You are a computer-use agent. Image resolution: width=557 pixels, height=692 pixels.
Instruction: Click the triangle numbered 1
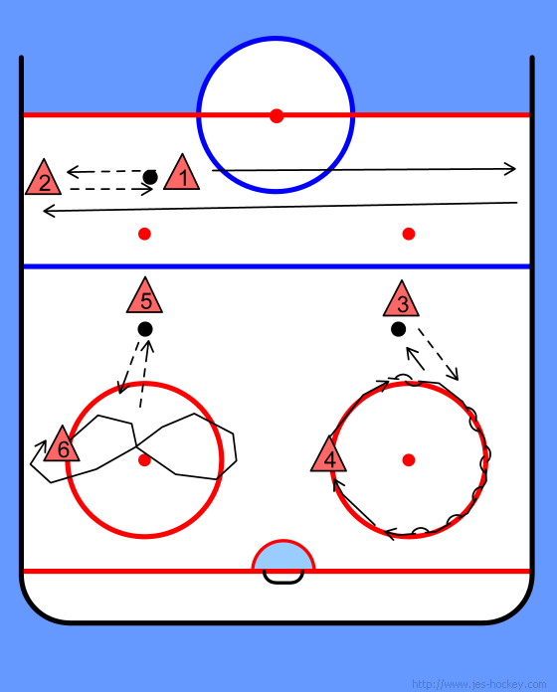point(181,174)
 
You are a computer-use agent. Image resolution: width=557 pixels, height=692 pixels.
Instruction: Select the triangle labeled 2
point(43,179)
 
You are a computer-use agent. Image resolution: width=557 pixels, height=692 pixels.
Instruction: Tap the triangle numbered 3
point(401,300)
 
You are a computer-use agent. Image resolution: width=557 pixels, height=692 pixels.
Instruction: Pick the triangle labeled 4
point(328,456)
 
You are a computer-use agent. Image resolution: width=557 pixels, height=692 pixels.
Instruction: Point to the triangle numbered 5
point(144,297)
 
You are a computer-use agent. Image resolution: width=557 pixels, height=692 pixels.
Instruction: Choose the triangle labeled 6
point(62,445)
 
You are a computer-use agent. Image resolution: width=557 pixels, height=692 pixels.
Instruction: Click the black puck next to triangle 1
point(150,177)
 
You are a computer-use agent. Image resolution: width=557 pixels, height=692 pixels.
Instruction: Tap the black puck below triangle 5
point(145,329)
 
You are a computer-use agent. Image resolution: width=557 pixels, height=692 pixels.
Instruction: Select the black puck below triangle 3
point(398,329)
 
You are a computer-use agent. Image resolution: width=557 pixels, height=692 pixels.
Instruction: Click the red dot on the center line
point(277,116)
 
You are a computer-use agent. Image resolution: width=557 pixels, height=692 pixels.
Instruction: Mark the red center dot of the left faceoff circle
point(144,460)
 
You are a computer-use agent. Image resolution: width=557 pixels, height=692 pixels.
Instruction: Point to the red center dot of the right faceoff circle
point(409,460)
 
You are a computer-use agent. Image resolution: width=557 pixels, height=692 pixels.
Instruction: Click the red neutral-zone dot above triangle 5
point(144,234)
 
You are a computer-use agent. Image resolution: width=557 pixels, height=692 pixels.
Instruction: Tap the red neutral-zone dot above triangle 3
point(409,234)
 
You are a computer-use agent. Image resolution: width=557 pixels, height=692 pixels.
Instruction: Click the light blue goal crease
point(282,557)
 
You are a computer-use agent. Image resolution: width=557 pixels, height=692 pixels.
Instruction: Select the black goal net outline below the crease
point(283,582)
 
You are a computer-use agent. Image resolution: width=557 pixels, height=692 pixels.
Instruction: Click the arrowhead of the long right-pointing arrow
point(510,169)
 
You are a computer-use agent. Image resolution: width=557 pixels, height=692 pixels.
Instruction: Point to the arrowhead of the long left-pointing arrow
point(49,211)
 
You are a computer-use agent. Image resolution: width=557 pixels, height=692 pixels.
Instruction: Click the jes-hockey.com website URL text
point(478,684)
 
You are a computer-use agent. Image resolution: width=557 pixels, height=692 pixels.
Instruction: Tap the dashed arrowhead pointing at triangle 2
point(73,172)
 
